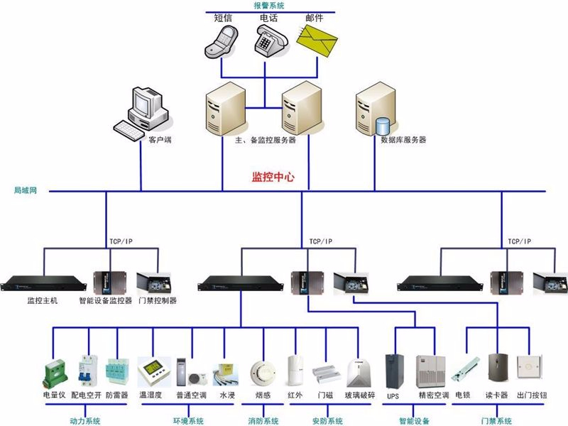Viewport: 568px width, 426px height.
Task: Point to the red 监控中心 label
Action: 273,177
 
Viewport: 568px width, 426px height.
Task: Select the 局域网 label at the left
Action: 25,191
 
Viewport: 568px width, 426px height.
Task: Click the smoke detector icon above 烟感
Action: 262,371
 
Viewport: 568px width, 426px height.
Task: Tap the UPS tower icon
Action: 393,370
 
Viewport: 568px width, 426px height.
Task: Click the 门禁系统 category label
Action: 495,421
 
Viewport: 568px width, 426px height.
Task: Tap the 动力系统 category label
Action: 84,421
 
